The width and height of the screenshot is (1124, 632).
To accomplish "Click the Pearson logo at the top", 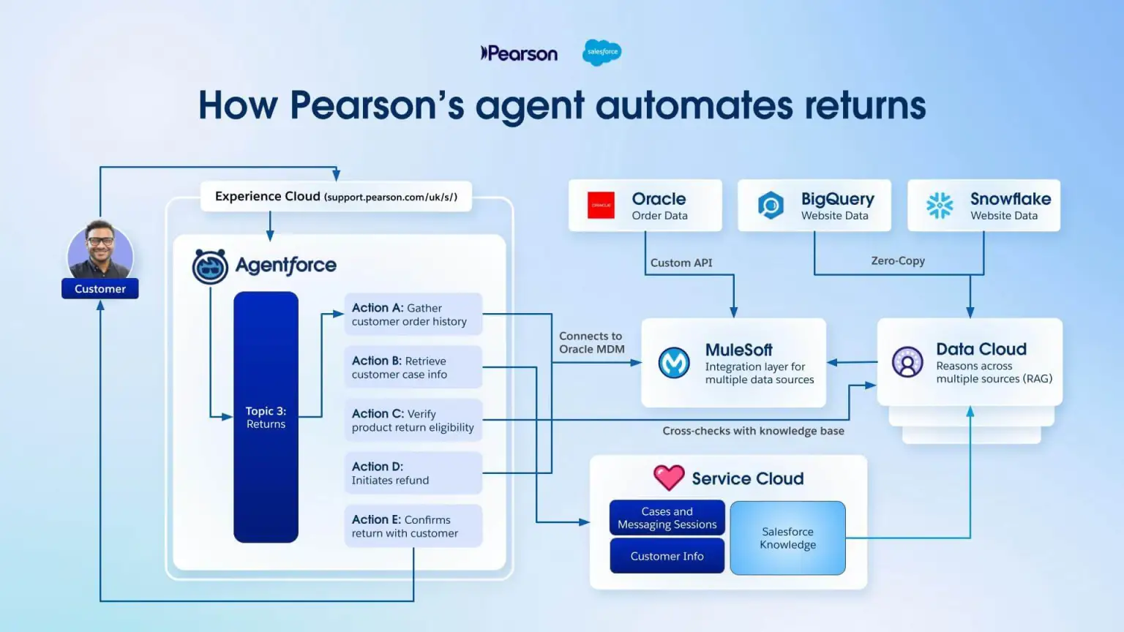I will pyautogui.click(x=519, y=53).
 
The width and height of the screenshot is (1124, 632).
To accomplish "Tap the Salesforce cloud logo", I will pyautogui.click(x=602, y=52).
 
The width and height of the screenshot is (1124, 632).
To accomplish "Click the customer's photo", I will pyautogui.click(x=100, y=251).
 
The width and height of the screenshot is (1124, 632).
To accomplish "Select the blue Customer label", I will pyautogui.click(x=100, y=289).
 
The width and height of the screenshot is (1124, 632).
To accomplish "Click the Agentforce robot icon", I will pyautogui.click(x=210, y=266).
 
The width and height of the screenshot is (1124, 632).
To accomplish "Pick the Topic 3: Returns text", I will pyautogui.click(x=266, y=418).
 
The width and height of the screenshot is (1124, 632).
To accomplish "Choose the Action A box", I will pyautogui.click(x=413, y=315).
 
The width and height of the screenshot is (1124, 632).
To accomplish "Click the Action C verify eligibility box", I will pyautogui.click(x=413, y=421).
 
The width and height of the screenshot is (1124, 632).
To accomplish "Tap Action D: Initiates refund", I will pyautogui.click(x=413, y=473).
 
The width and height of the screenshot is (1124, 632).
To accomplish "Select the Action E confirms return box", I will pyautogui.click(x=413, y=526).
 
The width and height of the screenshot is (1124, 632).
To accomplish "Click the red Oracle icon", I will pyautogui.click(x=602, y=206).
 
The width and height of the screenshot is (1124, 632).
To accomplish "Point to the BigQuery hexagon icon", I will pyautogui.click(x=771, y=206).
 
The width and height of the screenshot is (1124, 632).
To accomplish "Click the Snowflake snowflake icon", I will pyautogui.click(x=940, y=206).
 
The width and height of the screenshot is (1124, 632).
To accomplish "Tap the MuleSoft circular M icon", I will pyautogui.click(x=674, y=363).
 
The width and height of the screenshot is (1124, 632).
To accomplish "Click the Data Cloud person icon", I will pyautogui.click(x=907, y=362).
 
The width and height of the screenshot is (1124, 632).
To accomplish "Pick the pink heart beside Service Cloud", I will pyautogui.click(x=669, y=478).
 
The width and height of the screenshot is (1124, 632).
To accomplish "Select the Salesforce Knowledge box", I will pyautogui.click(x=787, y=538).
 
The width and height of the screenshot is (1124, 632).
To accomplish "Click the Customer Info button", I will pyautogui.click(x=667, y=556).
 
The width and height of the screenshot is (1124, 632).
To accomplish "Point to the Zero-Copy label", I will pyautogui.click(x=898, y=261).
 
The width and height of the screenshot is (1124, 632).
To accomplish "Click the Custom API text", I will pyautogui.click(x=681, y=263).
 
